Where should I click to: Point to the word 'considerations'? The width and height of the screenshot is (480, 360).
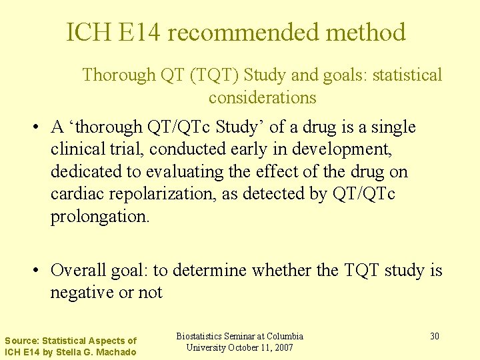tap(262, 97)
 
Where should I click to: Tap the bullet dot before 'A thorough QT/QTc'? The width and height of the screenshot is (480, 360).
tap(39, 127)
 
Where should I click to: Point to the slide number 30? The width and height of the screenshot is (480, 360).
tap(434, 336)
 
